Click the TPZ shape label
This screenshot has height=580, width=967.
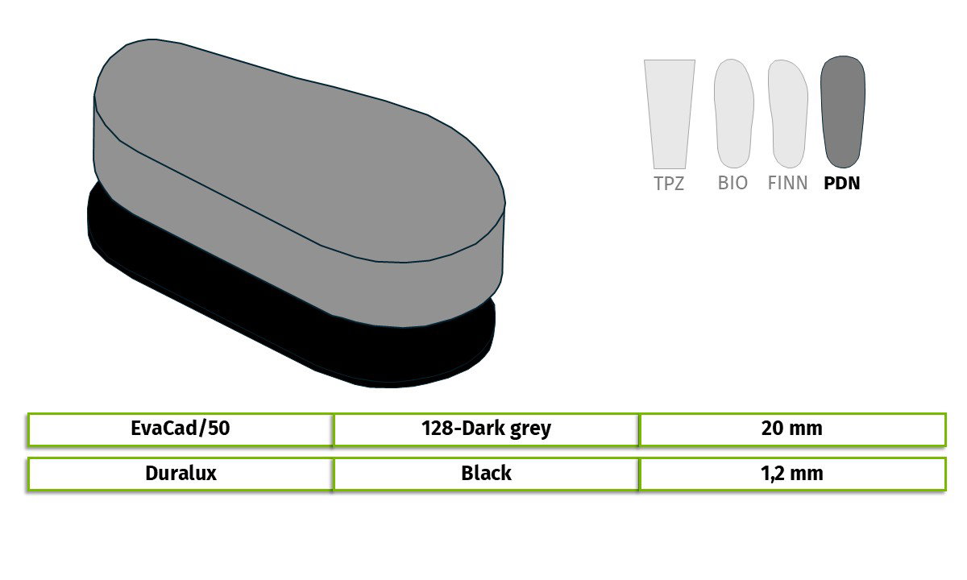tap(669, 184)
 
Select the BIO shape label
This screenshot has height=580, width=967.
tap(733, 183)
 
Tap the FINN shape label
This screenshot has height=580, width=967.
tap(787, 183)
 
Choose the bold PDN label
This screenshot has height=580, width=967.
tap(842, 183)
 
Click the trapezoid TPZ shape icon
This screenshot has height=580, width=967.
tap(670, 114)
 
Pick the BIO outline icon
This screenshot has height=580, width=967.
tap(734, 114)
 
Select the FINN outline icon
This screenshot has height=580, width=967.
tap(788, 114)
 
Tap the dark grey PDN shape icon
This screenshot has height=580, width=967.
tap(843, 112)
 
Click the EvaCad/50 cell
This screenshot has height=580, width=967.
tap(181, 429)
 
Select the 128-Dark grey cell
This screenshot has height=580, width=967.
tap(486, 429)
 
